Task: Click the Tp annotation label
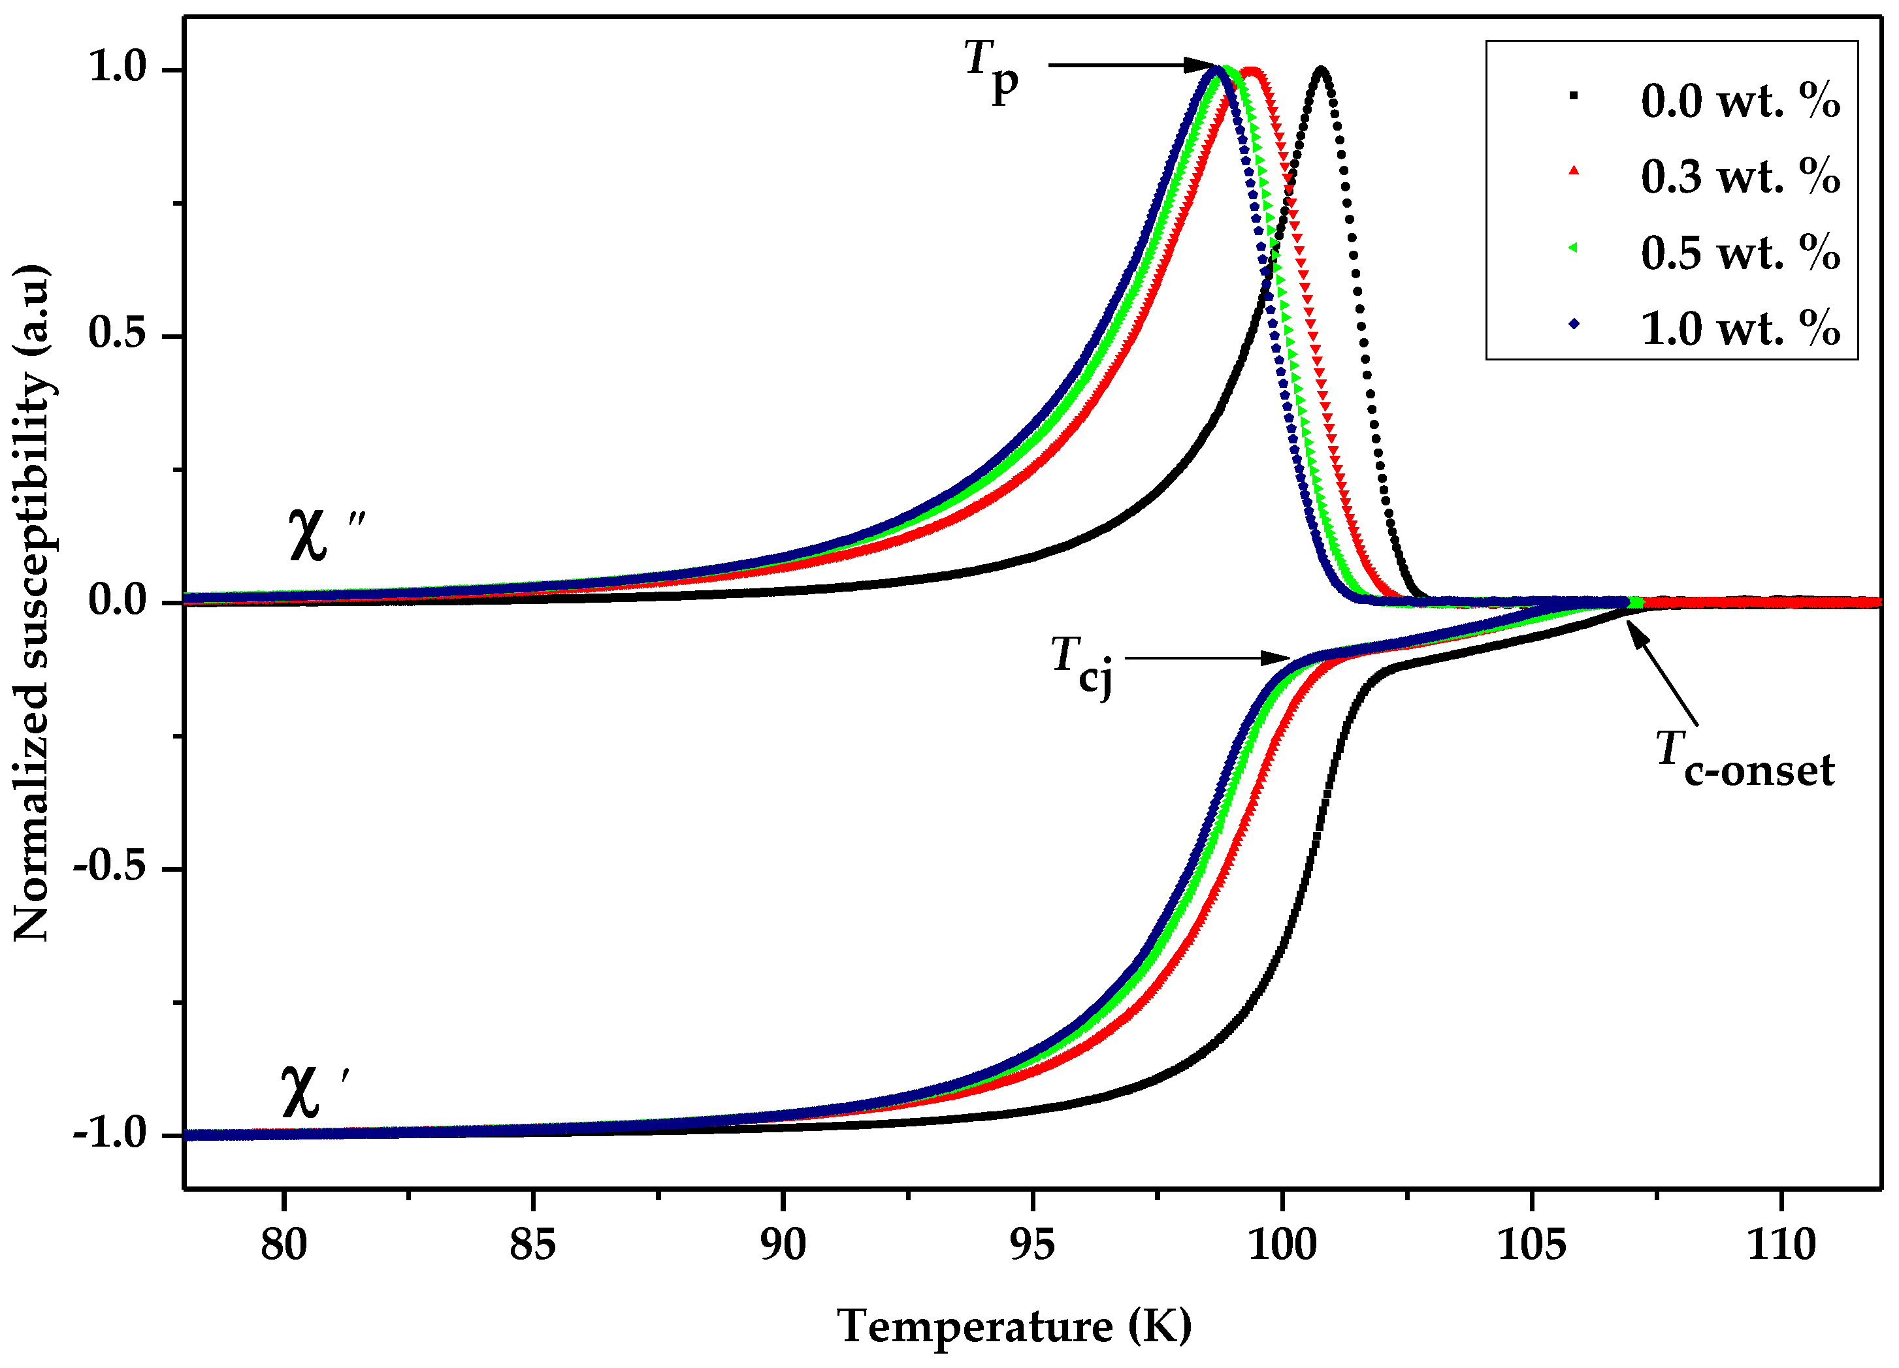point(990,71)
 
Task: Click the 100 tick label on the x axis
point(1282,1245)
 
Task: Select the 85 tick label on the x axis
point(532,1245)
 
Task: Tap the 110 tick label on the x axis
point(1781,1245)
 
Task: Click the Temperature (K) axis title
point(1014,1326)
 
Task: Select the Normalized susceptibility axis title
point(33,602)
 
